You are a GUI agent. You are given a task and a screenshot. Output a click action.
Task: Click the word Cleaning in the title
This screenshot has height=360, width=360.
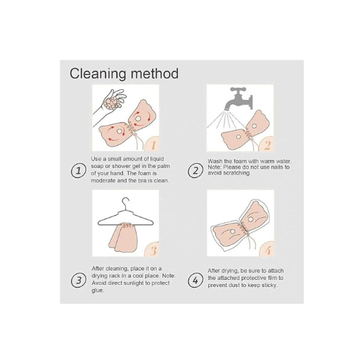(x=98, y=74)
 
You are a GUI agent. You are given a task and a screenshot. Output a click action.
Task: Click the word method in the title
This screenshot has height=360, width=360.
(x=155, y=73)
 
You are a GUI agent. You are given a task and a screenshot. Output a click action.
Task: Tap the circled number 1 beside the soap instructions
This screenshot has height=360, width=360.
(x=79, y=170)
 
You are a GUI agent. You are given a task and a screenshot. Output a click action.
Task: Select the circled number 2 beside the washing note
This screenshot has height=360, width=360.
(x=195, y=171)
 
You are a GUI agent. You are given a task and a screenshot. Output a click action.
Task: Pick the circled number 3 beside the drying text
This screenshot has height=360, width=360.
(x=79, y=281)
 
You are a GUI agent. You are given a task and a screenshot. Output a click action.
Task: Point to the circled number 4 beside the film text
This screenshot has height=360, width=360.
(x=195, y=281)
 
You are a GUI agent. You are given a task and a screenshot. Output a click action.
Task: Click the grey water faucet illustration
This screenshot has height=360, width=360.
(x=238, y=98)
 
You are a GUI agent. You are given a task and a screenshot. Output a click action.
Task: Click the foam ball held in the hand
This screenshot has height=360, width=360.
(x=112, y=103)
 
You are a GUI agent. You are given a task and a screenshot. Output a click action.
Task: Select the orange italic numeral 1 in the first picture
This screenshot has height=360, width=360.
(x=153, y=145)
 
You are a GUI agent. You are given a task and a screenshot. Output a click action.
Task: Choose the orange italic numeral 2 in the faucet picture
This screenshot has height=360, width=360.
(x=267, y=146)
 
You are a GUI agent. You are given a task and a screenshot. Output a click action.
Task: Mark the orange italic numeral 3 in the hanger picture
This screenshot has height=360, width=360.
(x=153, y=250)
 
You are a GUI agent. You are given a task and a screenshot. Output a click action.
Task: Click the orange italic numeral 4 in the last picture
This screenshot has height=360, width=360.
(x=268, y=251)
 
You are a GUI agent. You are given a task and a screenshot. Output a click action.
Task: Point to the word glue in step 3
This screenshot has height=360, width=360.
(x=98, y=290)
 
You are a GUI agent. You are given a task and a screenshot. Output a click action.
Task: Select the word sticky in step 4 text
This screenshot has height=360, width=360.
(x=270, y=285)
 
